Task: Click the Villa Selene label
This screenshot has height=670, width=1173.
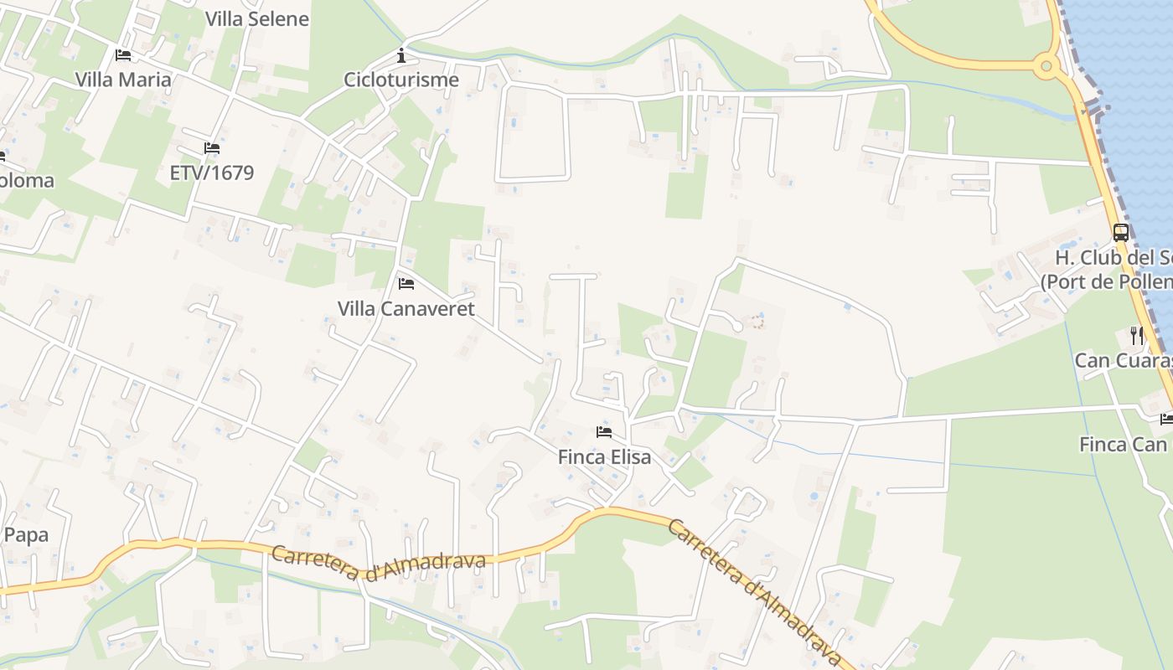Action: click(256, 18)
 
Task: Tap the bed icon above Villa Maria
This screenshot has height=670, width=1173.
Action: click(123, 55)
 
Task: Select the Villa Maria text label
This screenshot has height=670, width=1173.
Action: click(123, 80)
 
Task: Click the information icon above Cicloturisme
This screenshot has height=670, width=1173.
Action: click(401, 56)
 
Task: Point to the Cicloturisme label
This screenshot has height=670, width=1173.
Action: click(401, 80)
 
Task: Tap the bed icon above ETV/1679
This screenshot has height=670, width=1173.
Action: click(211, 148)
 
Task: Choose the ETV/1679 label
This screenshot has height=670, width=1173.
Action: click(211, 173)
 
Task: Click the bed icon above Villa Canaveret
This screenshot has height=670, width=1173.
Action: click(406, 283)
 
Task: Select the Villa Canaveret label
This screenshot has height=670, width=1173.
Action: click(406, 308)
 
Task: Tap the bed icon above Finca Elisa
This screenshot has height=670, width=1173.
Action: click(604, 432)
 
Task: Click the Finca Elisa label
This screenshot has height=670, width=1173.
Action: click(604, 457)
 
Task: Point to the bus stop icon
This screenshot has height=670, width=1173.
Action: click(1120, 233)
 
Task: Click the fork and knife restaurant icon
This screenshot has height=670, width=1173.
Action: click(1137, 336)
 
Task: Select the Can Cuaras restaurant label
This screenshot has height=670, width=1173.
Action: click(1123, 361)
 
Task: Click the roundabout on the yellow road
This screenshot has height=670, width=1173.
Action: click(1046, 65)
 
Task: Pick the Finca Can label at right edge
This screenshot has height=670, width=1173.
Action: click(1123, 444)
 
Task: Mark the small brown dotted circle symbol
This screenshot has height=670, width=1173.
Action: click(757, 321)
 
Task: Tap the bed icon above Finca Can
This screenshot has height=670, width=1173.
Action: click(1166, 419)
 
